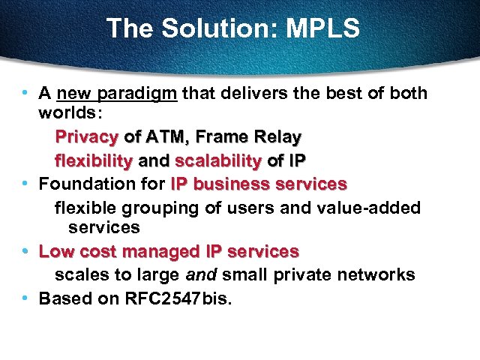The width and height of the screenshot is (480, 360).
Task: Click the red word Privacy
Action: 87,137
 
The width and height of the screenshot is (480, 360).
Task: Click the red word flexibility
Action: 94,160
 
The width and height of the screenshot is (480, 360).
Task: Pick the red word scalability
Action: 218,160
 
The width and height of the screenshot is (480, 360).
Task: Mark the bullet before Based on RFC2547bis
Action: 25,298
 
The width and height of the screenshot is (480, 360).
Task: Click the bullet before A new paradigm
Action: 25,94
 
